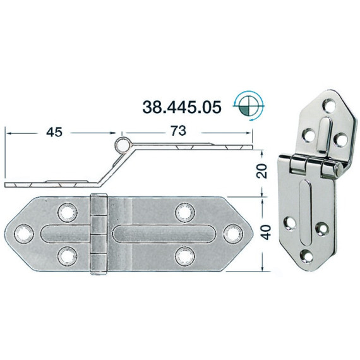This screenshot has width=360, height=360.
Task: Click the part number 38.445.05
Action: (182, 107)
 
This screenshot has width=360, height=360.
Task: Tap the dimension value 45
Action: (54, 132)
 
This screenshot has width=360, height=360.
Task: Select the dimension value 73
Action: (179, 131)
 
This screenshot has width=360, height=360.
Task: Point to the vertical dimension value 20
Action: (262, 171)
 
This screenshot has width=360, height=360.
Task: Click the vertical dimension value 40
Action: (267, 232)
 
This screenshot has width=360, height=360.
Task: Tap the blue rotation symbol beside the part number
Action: (249, 105)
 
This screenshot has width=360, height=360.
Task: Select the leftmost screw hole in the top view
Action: (24, 234)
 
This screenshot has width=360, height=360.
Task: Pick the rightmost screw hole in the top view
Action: (233, 234)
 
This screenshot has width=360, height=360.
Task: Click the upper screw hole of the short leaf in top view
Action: (68, 212)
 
